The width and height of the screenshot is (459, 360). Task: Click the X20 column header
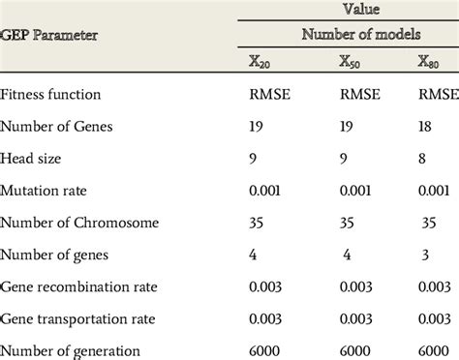tap(260, 61)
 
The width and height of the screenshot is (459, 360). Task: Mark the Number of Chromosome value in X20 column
tap(257, 223)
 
